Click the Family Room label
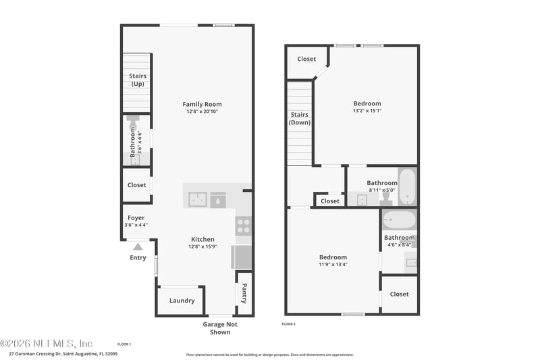pyautogui.click(x=202, y=104)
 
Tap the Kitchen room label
pyautogui.click(x=202, y=239)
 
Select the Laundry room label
pyautogui.click(x=182, y=301)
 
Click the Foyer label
pyautogui.click(x=136, y=218)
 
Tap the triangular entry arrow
pyautogui.click(x=138, y=247)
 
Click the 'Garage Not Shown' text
pyautogui.click(x=220, y=328)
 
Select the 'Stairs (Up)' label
pyautogui.click(x=138, y=80)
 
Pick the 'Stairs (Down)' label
pyautogui.click(x=299, y=118)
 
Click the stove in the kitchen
pyautogui.click(x=243, y=226)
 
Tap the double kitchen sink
pyautogui.click(x=198, y=199)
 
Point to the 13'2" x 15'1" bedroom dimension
pyautogui.click(x=367, y=111)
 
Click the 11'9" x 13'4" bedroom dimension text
pyautogui.click(x=333, y=265)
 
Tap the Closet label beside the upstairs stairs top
pyautogui.click(x=306, y=59)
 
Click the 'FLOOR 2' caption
pyautogui.click(x=288, y=325)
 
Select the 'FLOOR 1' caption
pyautogui.click(x=124, y=344)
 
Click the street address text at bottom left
pyautogui.click(x=63, y=353)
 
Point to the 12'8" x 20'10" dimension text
pyautogui.click(x=202, y=111)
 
